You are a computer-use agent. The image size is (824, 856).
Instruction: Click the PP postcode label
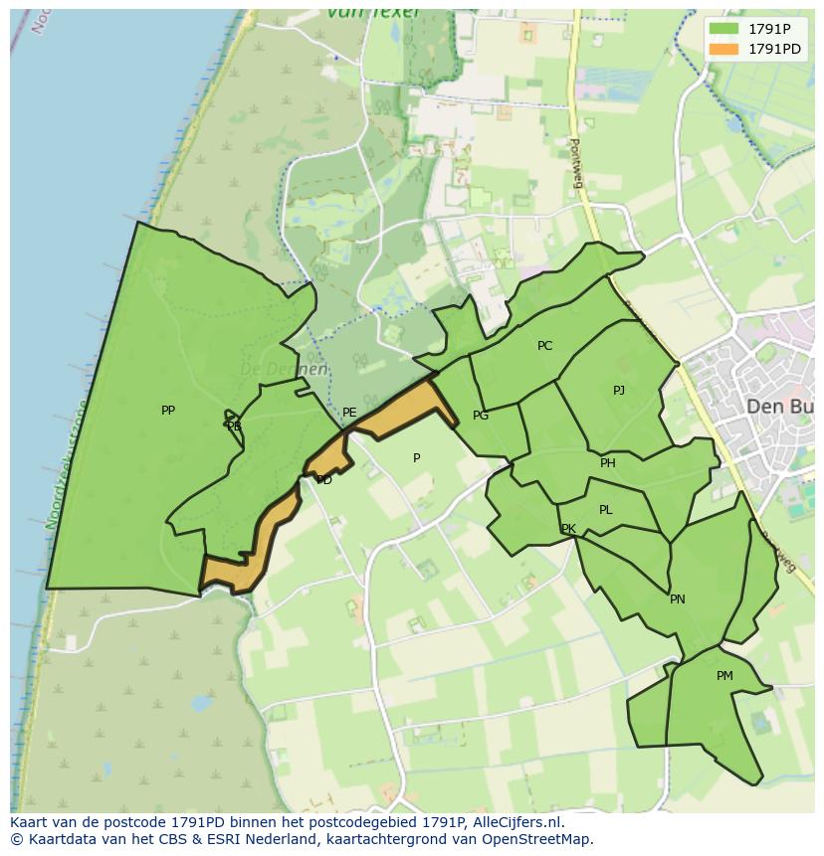pos(168,411)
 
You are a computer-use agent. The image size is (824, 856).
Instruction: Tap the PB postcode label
pos(234,427)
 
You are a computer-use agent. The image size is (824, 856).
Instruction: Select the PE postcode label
pos(349,413)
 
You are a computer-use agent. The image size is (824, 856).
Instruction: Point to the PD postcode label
pos(324,480)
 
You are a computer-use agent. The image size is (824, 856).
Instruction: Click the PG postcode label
pos(481,416)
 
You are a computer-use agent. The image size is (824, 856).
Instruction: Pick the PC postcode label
pos(544,346)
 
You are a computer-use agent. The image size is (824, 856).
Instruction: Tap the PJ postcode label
pos(619,391)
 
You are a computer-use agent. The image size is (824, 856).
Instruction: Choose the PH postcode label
pos(608,463)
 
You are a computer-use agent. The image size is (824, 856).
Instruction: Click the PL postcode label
pos(606,510)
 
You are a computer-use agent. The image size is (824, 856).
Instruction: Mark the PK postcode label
pos(568,529)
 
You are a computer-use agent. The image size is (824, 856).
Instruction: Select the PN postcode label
pos(678,599)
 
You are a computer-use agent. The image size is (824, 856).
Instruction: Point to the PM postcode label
pos(724,676)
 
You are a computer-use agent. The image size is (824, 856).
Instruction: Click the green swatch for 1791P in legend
pos(724,29)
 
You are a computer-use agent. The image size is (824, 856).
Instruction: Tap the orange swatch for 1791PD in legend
pos(724,49)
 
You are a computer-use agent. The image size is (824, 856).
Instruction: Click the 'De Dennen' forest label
pos(284,369)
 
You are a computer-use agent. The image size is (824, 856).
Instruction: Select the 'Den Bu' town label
pos(779,407)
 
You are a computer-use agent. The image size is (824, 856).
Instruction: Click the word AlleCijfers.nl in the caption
pos(514,822)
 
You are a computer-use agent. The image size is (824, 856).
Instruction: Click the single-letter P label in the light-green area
pos(417,458)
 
